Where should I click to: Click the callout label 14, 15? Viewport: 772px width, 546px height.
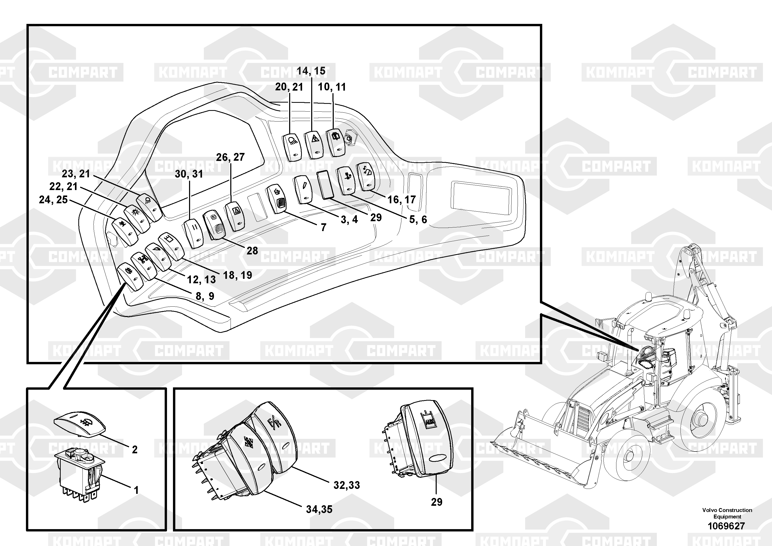tap(311, 71)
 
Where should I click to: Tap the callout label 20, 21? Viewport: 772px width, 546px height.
tap(289, 87)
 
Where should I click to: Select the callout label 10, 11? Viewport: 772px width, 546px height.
tap(332, 87)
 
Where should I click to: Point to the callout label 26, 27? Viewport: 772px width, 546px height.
tap(230, 157)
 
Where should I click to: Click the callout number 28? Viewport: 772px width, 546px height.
tap(252, 251)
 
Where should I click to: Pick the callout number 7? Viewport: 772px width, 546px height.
tap(323, 227)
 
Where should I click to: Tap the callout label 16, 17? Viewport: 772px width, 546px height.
tap(401, 200)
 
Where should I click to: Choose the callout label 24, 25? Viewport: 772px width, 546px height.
tap(53, 200)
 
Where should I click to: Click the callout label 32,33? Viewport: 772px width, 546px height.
tap(347, 485)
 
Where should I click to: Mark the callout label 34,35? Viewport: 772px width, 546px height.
tap(319, 509)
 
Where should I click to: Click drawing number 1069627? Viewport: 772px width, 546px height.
tap(726, 526)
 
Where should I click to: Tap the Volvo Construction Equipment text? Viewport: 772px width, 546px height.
tap(727, 513)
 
